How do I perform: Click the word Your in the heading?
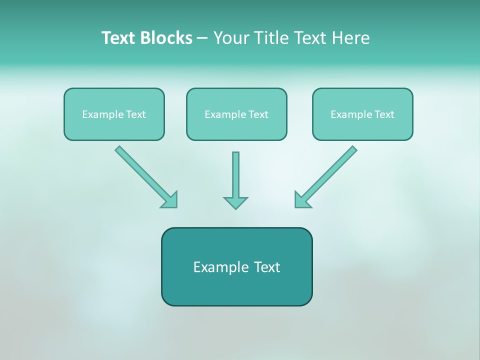[231, 38]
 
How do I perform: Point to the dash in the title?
[202, 38]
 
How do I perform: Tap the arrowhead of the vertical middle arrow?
[235, 202]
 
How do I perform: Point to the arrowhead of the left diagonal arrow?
[170, 200]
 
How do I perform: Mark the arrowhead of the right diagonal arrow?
[301, 200]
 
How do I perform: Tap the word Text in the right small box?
[384, 114]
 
